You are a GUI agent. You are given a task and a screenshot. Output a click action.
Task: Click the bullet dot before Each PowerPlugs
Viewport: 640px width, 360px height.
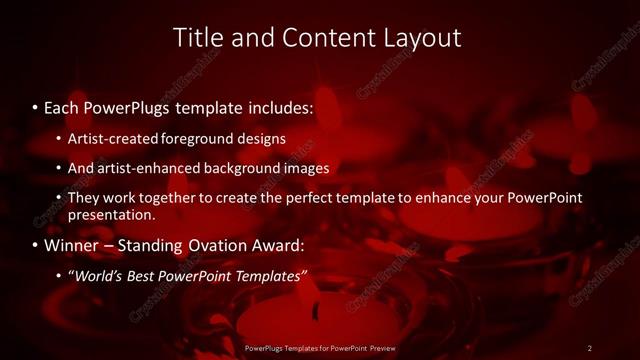(x=35, y=106)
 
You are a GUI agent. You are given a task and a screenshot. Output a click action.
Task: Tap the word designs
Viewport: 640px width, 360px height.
(x=263, y=138)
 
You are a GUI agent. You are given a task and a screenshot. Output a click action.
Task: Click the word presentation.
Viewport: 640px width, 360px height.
(x=110, y=215)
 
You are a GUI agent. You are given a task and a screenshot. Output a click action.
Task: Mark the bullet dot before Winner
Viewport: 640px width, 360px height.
(x=35, y=245)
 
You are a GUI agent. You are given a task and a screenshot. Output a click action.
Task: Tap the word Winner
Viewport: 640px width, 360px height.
(x=72, y=245)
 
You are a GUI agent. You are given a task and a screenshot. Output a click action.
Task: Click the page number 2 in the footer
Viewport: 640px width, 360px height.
(x=590, y=348)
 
